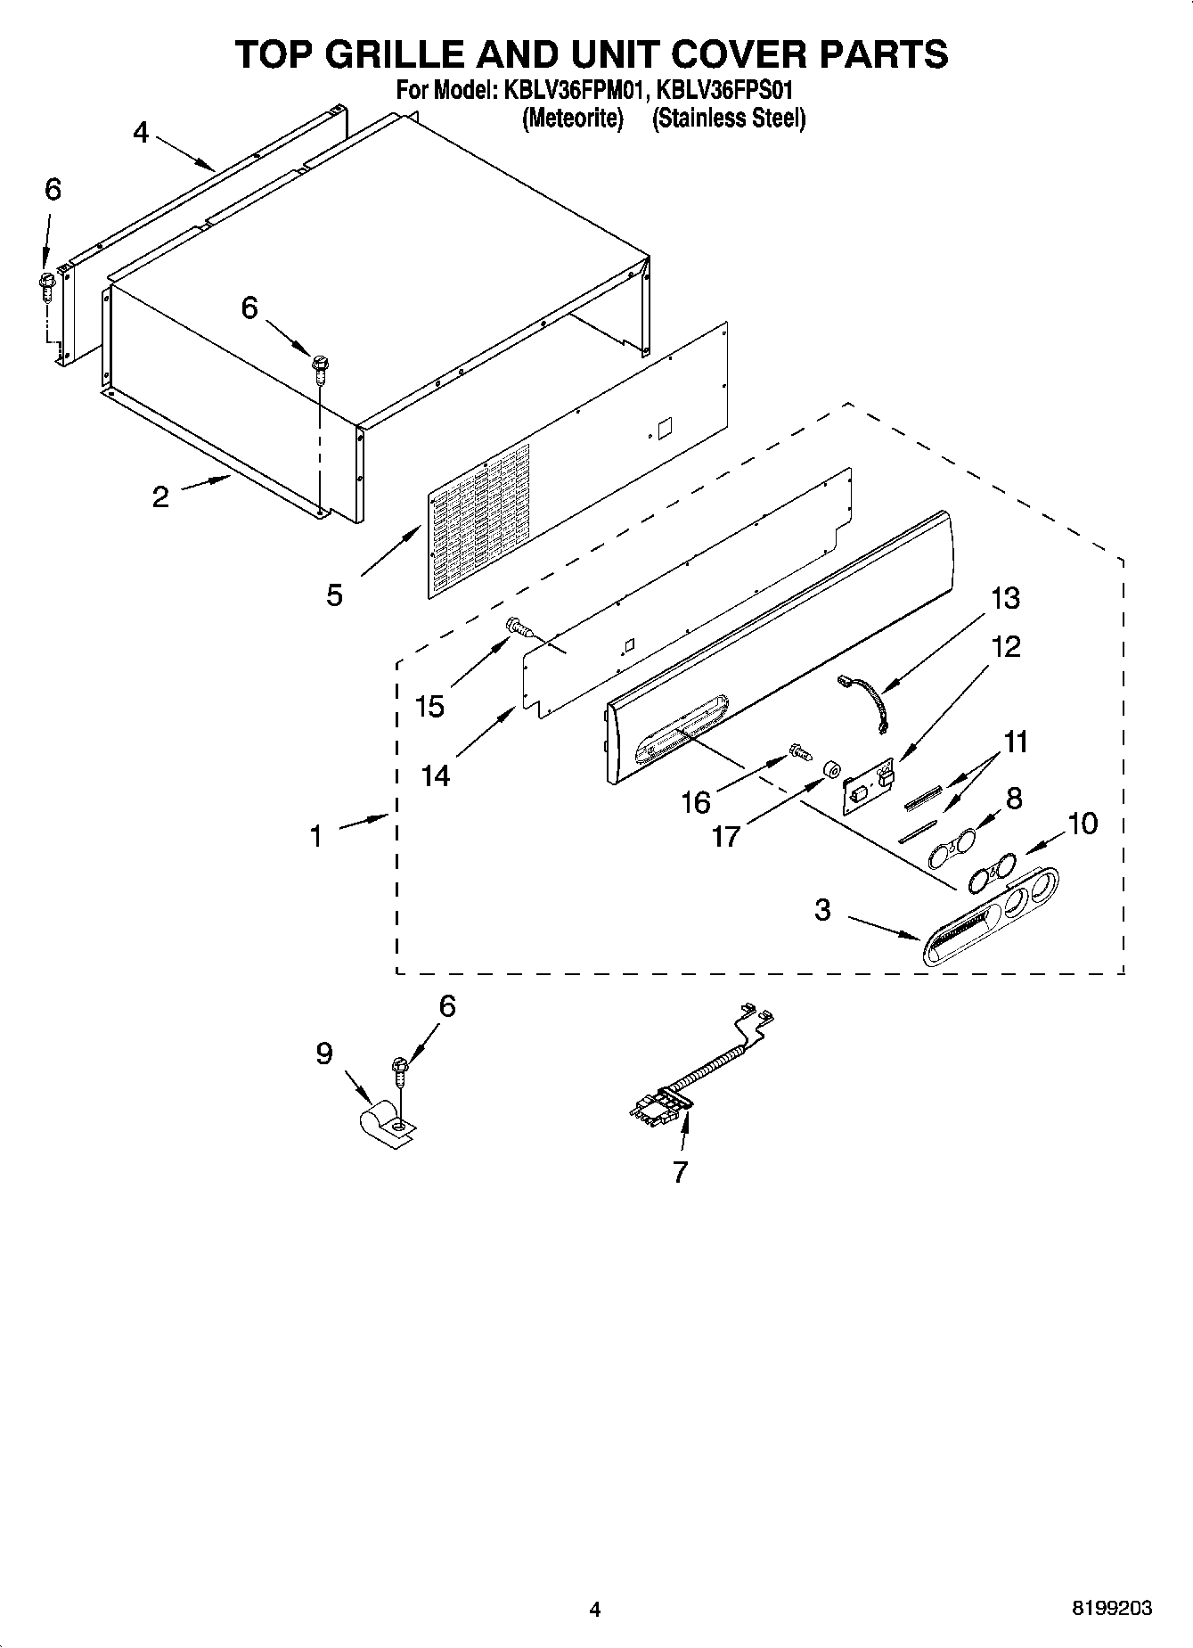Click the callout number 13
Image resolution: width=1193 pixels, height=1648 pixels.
coord(1005,598)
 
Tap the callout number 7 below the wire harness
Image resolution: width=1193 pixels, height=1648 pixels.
coord(680,1171)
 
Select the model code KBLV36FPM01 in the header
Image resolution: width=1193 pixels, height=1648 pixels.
coord(572,90)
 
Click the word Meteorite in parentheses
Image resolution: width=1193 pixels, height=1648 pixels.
coord(571,119)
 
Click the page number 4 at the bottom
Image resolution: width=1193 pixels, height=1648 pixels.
coord(595,1609)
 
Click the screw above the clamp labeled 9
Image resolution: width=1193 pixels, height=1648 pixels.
coord(399,1070)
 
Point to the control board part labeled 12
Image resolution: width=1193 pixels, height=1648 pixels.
coord(868,783)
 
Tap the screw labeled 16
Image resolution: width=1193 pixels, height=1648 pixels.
coord(799,754)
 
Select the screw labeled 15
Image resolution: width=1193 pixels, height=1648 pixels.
coord(518,627)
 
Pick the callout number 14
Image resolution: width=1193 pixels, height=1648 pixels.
coord(436,775)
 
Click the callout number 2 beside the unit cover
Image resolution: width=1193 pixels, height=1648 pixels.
coord(160,496)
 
